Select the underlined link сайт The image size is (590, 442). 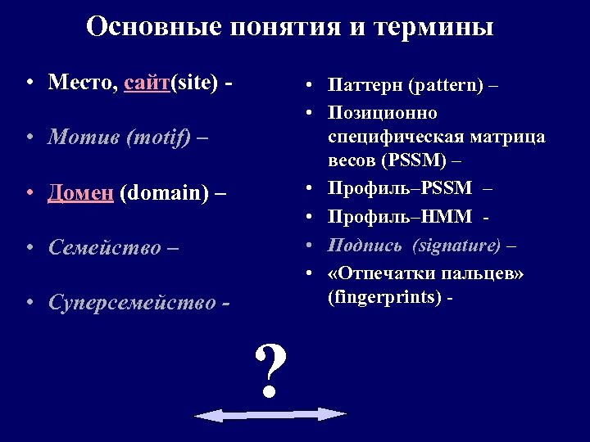click(147, 83)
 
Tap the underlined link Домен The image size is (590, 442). click(81, 193)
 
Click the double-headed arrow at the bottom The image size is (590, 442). click(270, 415)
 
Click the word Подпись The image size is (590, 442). click(365, 245)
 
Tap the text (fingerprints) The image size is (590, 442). click(386, 297)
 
